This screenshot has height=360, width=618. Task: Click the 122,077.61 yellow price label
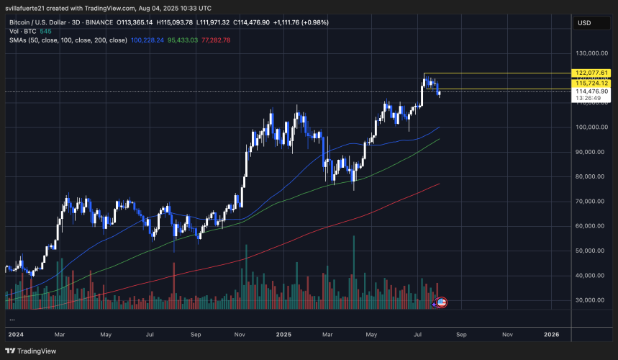pyautogui.click(x=591, y=73)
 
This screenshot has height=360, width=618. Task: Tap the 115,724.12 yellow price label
pyautogui.click(x=591, y=84)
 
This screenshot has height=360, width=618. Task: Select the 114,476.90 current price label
pyautogui.click(x=591, y=91)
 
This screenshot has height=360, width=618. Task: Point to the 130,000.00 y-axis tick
pyautogui.click(x=591, y=53)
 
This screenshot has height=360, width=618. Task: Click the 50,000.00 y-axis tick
pyautogui.click(x=591, y=251)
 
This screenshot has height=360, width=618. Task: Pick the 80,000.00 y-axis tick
pyautogui.click(x=591, y=176)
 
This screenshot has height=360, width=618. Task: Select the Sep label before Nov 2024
pyautogui.click(x=196, y=335)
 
